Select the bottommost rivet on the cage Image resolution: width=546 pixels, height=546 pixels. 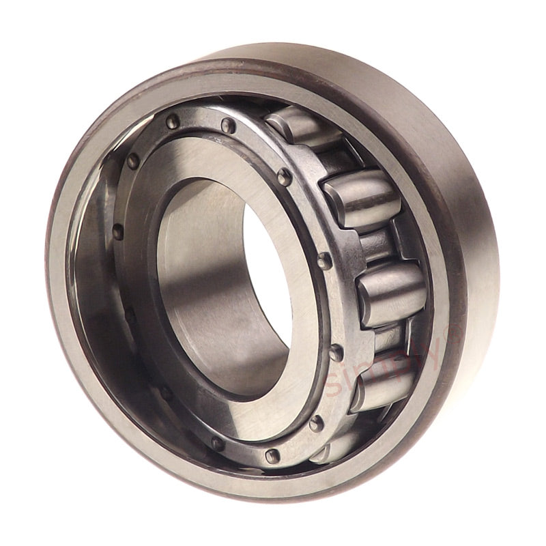coord(272,455)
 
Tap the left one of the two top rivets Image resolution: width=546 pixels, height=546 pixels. coord(171,121)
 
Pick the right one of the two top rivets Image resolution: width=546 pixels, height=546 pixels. coord(229,126)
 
